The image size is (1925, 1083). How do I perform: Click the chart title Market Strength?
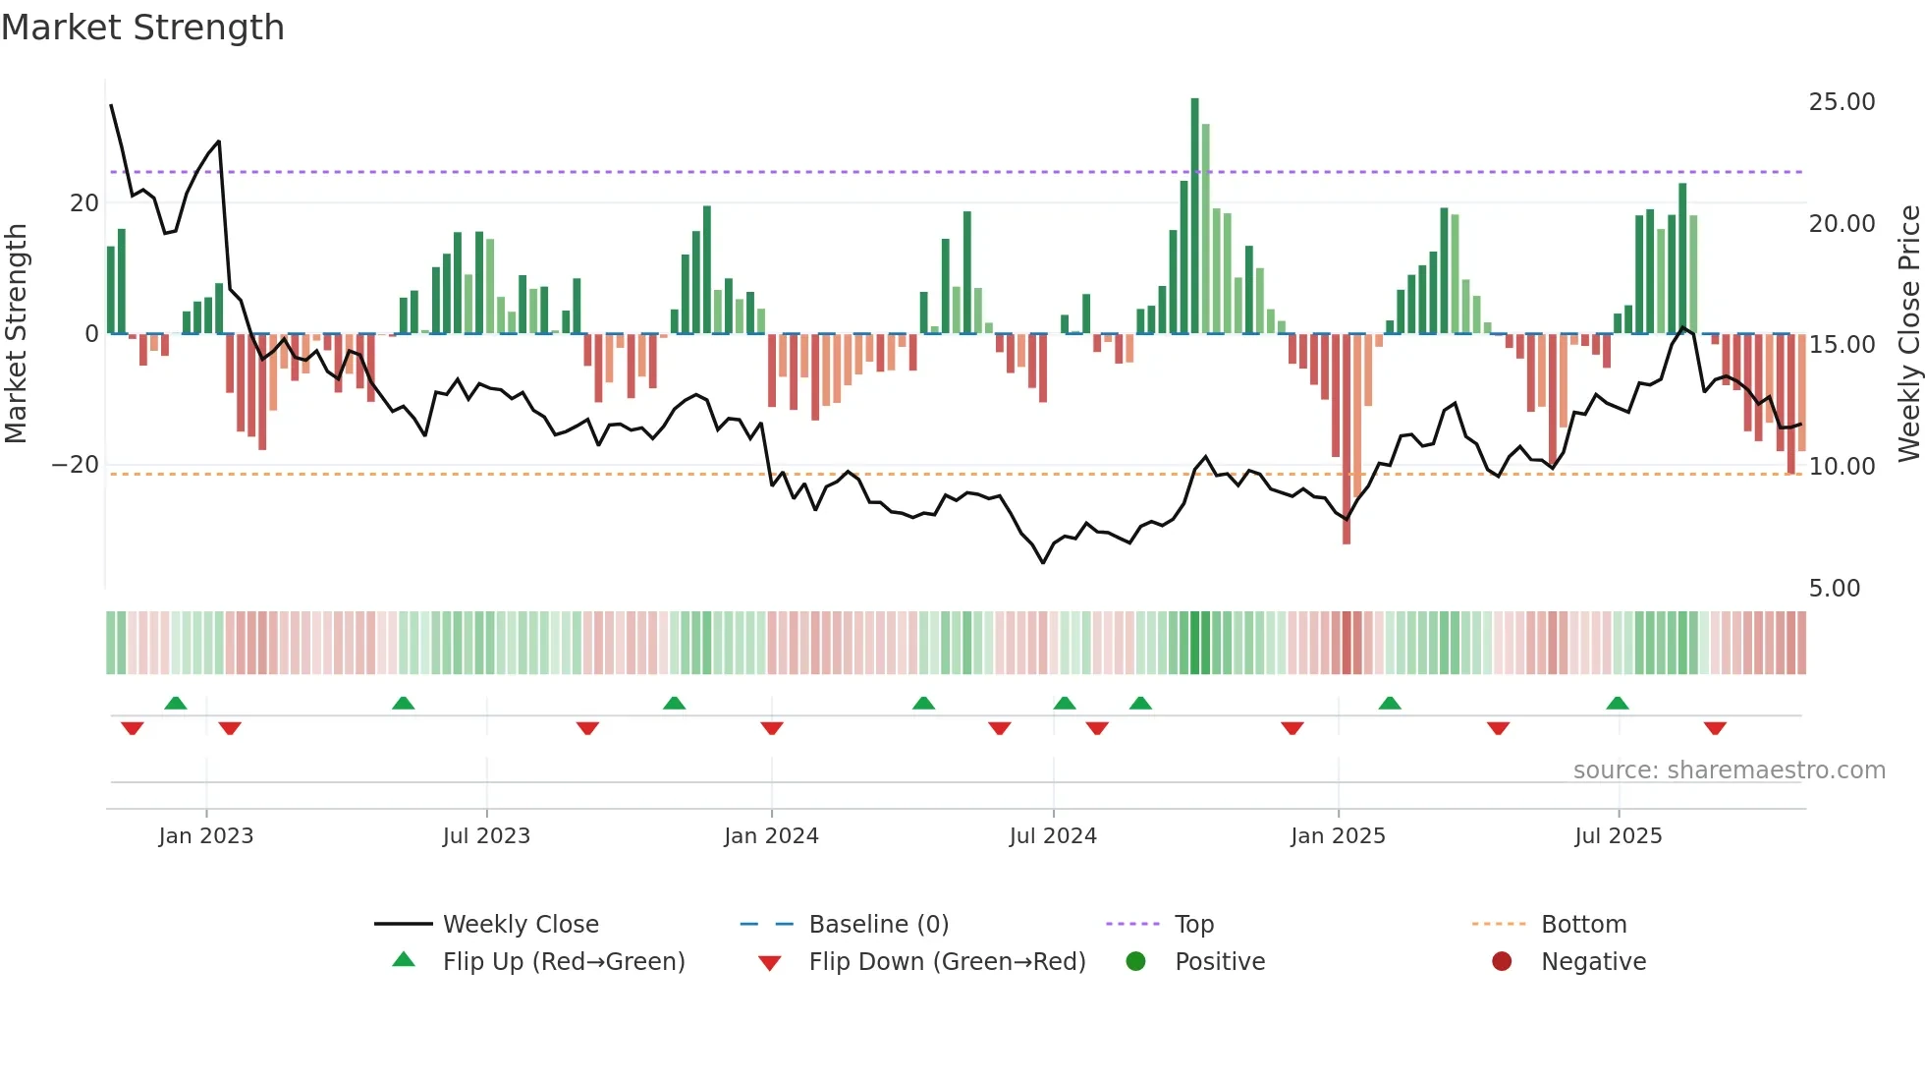click(142, 28)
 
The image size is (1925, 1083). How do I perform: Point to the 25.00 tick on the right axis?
click(1842, 102)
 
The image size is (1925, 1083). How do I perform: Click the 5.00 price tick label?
click(1834, 589)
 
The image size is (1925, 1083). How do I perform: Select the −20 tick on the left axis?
click(76, 465)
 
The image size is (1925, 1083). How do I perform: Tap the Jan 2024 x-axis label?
click(771, 836)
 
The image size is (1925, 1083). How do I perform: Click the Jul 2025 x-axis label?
click(1618, 836)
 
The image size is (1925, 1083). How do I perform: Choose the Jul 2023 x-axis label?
click(486, 836)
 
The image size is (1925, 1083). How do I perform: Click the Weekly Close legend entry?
click(520, 925)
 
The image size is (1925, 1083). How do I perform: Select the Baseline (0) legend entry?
click(878, 925)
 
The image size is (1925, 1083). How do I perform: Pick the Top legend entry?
click(1193, 925)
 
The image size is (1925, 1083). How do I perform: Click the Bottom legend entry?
click(1583, 925)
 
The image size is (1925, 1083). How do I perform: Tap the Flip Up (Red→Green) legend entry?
click(563, 962)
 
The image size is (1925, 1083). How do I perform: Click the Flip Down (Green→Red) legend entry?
click(947, 962)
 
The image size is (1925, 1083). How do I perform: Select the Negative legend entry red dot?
click(1502, 962)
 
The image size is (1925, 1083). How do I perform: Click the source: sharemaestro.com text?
click(1729, 770)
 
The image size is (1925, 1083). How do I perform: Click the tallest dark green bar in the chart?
click(1195, 216)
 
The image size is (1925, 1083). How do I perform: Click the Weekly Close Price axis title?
click(1908, 334)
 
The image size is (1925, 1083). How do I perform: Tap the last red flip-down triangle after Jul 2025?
click(1715, 728)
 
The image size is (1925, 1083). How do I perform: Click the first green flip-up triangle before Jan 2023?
click(176, 703)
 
